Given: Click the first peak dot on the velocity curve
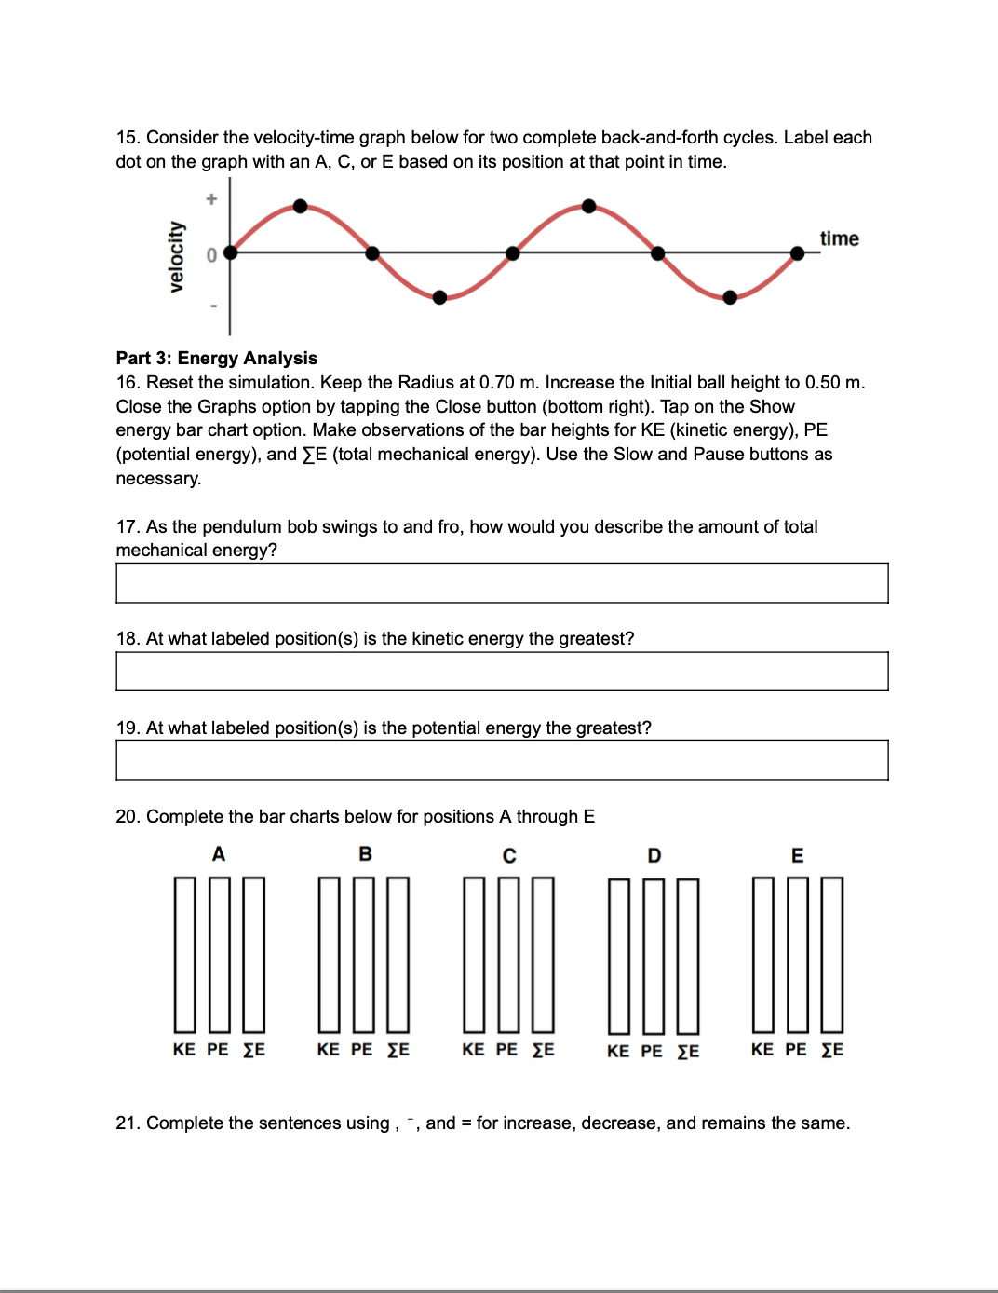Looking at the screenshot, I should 300,206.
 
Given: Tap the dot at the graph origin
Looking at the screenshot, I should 231,252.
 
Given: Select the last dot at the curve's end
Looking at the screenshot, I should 797,253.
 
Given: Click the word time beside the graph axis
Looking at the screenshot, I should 839,238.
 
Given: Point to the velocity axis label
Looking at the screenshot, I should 176,257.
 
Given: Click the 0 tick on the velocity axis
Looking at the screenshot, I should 211,255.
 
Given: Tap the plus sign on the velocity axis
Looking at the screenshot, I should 211,198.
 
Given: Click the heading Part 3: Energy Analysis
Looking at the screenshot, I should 216,358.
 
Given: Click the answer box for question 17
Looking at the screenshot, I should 502,583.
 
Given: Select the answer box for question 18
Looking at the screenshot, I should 502,672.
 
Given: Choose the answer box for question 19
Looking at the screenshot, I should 502,760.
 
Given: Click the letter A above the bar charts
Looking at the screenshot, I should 219,854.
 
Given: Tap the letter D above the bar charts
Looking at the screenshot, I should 654,855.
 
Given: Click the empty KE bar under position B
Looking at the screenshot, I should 330,954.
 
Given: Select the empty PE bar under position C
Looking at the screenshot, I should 508,954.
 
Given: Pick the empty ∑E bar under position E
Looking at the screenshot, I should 832,954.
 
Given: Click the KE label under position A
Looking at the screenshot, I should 184,1050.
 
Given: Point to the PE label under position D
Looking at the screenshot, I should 652,1052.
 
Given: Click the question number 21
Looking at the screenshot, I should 128,1123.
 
